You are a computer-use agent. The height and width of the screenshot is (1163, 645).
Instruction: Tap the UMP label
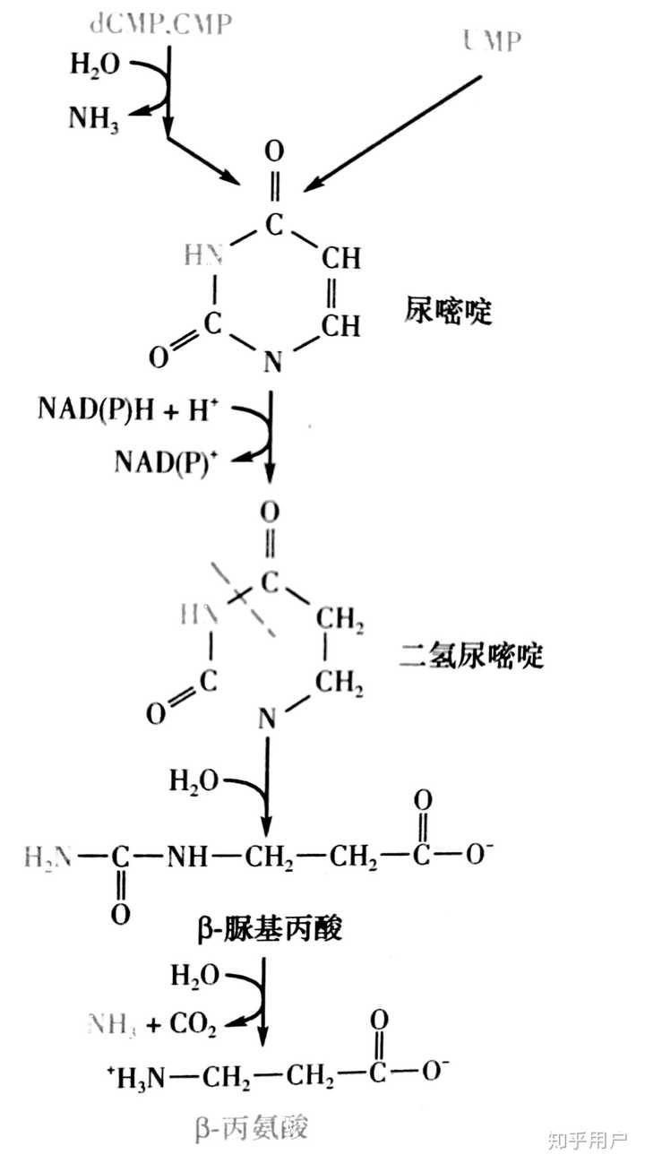click(492, 39)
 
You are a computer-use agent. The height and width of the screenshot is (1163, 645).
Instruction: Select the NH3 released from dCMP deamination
click(99, 119)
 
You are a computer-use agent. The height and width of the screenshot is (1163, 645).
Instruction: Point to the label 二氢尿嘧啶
click(471, 657)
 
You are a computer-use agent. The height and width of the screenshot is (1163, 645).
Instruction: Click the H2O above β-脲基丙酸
click(193, 780)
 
